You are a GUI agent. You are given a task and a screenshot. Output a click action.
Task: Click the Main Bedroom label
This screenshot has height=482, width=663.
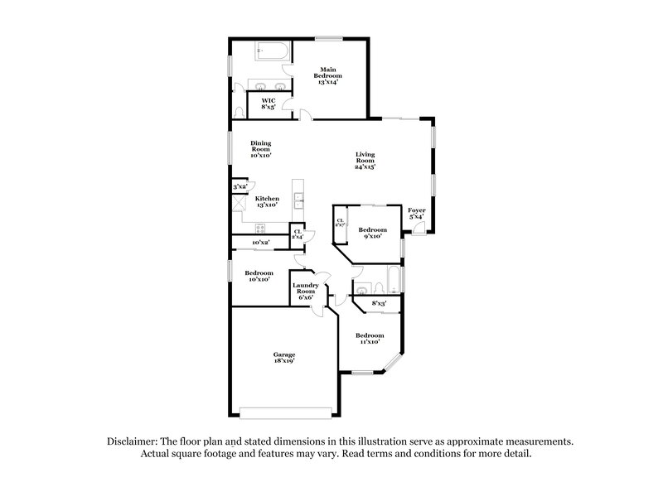328,75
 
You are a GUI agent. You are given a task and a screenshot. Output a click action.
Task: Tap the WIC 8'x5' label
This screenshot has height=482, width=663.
269,104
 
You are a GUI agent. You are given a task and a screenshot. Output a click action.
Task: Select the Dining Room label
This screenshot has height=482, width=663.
261,149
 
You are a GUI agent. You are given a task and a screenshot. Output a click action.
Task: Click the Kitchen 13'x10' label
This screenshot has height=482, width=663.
266,201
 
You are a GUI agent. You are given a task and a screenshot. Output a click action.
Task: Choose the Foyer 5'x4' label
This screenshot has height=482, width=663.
416,214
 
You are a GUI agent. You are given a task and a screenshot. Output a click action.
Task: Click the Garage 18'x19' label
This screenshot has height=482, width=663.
283,357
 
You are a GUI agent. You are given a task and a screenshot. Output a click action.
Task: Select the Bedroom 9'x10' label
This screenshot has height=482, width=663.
372,233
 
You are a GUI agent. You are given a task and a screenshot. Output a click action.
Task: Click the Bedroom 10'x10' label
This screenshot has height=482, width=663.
259,276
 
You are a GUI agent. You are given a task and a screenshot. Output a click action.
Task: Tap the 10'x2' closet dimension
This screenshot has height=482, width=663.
261,242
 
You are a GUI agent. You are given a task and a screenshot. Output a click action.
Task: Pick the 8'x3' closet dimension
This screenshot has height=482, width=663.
380,303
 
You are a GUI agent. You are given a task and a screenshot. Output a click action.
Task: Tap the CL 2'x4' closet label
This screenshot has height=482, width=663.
297,234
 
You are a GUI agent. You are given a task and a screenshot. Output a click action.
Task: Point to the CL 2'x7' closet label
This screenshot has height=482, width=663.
340,223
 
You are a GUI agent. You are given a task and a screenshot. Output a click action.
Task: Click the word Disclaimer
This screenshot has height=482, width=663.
133,442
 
